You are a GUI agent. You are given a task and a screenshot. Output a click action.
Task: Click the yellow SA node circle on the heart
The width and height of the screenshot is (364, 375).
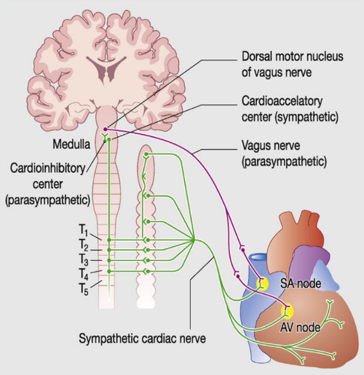263,283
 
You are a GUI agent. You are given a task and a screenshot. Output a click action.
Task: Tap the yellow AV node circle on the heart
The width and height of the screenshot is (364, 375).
288,312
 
